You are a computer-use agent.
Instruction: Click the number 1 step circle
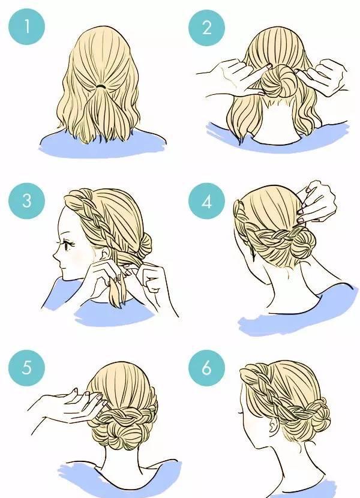pyautogui.click(x=26, y=26)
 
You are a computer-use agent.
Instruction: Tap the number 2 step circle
pyautogui.click(x=206, y=28)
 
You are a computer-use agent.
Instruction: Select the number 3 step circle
pyautogui.click(x=26, y=200)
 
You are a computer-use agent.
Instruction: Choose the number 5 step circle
pyautogui.click(x=26, y=367)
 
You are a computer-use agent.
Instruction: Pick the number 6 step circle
pyautogui.click(x=206, y=368)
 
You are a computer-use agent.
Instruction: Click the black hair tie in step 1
pyautogui.click(x=101, y=86)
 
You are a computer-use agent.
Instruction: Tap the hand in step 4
pyautogui.click(x=314, y=202)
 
